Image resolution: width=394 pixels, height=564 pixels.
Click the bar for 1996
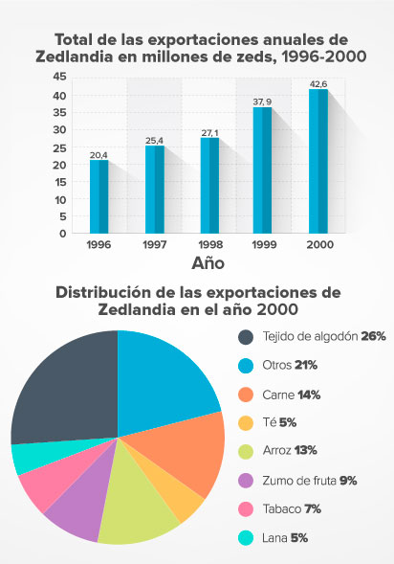coord(98,196)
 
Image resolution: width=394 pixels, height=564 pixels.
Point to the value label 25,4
coord(154,140)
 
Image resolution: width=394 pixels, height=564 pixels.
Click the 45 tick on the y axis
coord(60,77)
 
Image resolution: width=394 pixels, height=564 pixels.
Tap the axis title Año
coord(208,262)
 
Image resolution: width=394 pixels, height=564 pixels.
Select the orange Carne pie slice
coord(182,455)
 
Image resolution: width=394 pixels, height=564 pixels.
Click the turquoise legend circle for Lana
coord(246,538)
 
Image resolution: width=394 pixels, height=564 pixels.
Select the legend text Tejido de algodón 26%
coord(312,336)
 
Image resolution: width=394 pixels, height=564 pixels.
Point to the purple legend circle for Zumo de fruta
coord(246,481)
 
